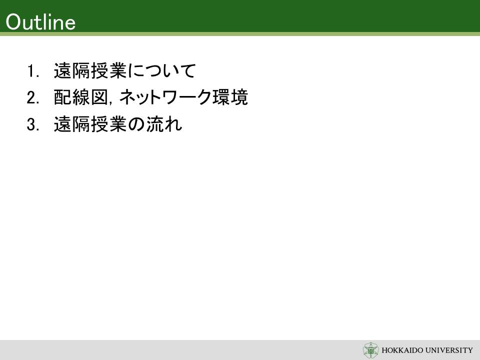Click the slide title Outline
40,22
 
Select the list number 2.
33,97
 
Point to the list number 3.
33,124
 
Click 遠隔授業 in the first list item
90,70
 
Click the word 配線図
81,97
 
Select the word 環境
230,97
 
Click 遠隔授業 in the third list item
90,124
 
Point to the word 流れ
164,124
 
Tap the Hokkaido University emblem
370,350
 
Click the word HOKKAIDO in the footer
401,350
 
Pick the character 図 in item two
99,97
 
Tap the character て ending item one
187,71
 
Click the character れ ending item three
173,124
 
